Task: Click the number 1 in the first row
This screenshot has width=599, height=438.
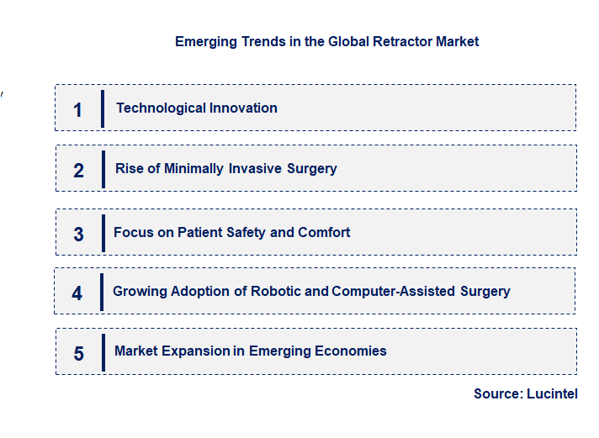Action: tap(77, 109)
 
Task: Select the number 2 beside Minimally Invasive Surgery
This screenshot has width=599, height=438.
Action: tap(78, 171)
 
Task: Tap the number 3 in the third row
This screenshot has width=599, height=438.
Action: tap(78, 235)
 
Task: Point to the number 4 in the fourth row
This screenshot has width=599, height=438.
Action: tap(77, 293)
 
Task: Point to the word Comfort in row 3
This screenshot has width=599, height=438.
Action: tap(324, 232)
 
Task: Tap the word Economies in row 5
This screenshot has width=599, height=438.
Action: tap(347, 351)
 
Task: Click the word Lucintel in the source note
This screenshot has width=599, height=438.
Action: tap(552, 393)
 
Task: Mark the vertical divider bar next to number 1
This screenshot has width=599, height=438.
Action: tap(103, 108)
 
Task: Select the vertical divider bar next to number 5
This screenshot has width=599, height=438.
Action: tap(102, 351)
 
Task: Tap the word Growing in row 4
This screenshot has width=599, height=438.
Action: tap(140, 291)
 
